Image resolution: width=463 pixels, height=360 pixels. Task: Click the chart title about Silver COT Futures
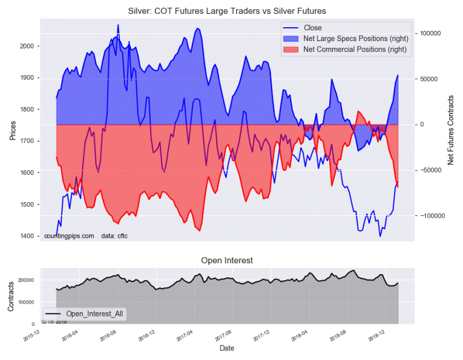[232, 11]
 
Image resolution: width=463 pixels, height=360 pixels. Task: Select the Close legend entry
[313, 28]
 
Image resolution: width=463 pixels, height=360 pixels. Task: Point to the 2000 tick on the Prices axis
[28, 47]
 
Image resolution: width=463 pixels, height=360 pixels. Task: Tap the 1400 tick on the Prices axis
[28, 236]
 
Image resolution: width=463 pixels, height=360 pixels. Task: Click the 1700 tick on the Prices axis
[28, 141]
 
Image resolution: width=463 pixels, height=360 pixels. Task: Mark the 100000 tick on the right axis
[430, 34]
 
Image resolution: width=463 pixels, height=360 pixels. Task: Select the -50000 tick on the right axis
[431, 170]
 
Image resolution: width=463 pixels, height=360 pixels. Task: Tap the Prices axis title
[12, 129]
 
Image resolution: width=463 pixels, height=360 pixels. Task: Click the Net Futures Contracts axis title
[450, 129]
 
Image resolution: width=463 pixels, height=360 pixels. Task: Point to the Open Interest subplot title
[226, 260]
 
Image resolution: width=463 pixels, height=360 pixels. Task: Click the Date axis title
[226, 349]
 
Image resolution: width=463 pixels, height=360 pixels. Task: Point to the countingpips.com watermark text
[69, 235]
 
